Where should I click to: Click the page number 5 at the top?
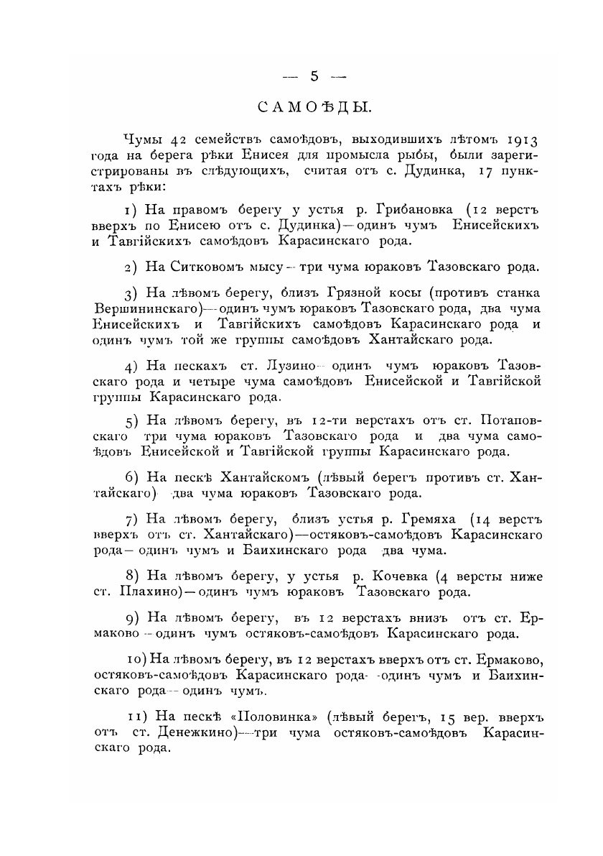point(314,77)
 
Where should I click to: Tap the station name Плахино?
point(151,593)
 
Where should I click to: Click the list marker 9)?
point(131,618)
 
